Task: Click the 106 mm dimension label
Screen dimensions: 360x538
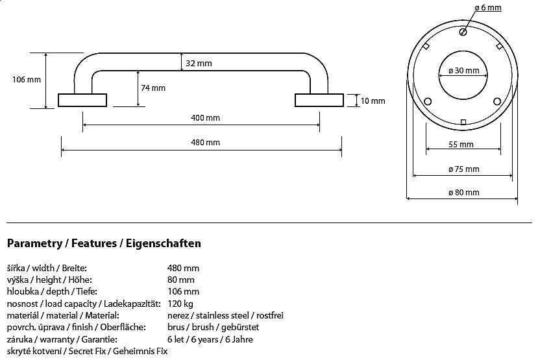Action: coord(27,80)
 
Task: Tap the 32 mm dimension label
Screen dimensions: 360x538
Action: coord(199,64)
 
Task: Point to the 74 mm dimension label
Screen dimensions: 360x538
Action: coord(153,88)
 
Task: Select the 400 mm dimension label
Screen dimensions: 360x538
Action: coord(206,118)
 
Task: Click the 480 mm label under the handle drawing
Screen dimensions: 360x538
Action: coord(206,143)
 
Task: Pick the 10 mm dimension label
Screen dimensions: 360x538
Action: coord(373,101)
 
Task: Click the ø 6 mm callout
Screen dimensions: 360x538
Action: coord(489,7)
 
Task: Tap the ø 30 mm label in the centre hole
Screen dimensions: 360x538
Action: coord(463,71)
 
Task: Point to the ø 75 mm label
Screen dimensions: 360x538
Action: coord(463,169)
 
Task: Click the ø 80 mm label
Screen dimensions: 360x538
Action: coord(463,193)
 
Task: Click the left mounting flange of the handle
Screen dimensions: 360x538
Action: coord(82,100)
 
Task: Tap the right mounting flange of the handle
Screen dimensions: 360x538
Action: coord(319,100)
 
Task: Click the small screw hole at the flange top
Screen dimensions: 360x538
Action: coord(463,32)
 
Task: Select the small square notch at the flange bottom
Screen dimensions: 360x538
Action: coord(463,122)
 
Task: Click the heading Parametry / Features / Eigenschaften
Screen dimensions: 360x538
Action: coord(104,244)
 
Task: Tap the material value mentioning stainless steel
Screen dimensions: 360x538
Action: coord(225,315)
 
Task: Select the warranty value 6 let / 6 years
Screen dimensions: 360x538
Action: coord(210,339)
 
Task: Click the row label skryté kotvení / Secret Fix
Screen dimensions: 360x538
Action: coord(87,351)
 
